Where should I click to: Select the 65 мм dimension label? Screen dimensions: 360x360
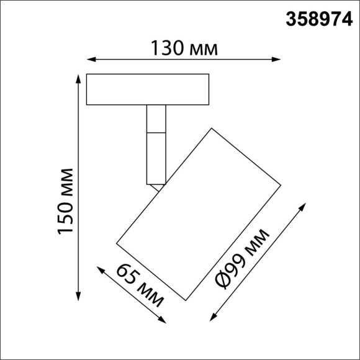(x=140, y=286)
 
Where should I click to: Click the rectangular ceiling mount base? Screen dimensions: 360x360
(x=148, y=90)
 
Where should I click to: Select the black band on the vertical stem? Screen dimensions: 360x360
(x=156, y=132)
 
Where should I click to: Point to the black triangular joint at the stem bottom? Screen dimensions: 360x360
(x=156, y=184)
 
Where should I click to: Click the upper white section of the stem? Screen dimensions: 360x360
(x=156, y=117)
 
